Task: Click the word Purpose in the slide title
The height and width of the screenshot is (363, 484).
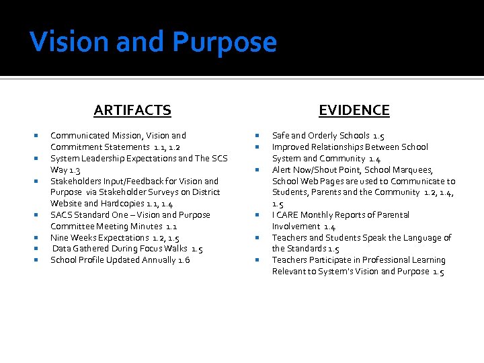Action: pos(225,42)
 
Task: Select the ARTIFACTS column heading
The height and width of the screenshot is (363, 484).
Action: pos(132,110)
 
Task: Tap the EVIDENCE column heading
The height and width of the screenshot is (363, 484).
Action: pos(354,110)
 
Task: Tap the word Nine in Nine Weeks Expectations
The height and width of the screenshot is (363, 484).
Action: pos(59,238)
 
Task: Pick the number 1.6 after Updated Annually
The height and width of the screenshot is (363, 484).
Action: pos(184,260)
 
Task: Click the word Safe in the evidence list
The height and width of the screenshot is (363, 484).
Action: pos(280,136)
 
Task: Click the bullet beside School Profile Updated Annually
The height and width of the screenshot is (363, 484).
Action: pos(37,260)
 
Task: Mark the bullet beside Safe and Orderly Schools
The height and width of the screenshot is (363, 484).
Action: pos(258,136)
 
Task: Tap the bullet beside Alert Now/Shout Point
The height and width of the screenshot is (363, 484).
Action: pos(258,170)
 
